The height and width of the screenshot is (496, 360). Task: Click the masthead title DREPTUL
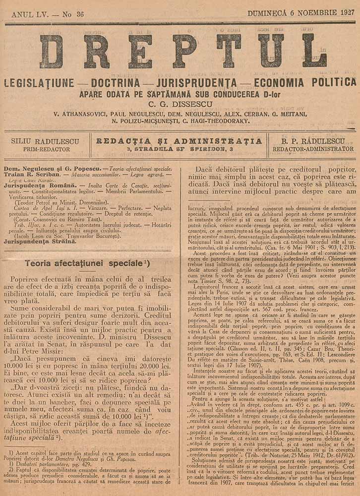(x=180, y=51)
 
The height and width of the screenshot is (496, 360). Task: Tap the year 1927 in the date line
(x=344, y=13)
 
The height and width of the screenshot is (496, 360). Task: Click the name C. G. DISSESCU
(x=180, y=104)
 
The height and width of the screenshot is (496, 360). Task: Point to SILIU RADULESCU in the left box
(x=45, y=141)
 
